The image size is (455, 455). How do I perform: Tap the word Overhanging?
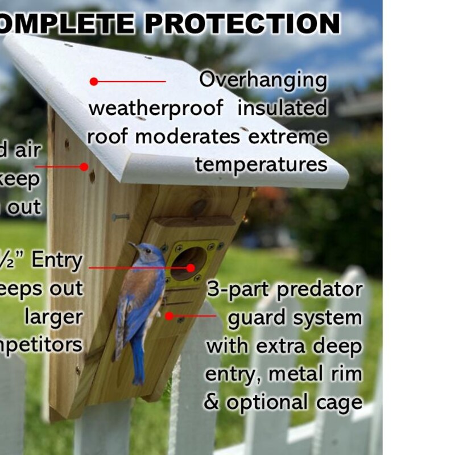click(263, 81)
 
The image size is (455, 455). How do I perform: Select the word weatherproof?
click(156, 108)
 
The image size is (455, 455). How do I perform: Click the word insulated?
click(283, 108)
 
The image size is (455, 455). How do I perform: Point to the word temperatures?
click(261, 165)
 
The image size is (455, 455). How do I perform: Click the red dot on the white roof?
click(94, 81)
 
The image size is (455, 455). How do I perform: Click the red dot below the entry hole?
click(169, 315)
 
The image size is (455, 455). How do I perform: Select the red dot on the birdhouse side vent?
click(84, 167)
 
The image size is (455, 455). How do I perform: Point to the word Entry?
click(57, 260)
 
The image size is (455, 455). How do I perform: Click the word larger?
click(53, 317)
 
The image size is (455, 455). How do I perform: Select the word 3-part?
click(238, 289)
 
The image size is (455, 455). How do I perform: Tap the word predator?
click(320, 289)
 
